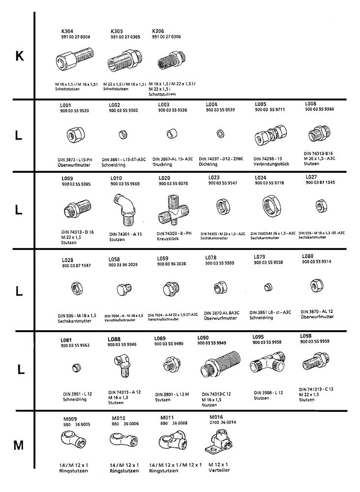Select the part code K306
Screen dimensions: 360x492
[159, 31]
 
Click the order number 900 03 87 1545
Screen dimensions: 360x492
[320, 183]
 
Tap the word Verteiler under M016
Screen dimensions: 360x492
[218, 470]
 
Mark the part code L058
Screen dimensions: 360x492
[114, 259]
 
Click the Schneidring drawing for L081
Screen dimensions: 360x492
[75, 366]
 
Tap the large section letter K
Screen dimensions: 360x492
[19, 56]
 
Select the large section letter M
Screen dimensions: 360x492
[18, 446]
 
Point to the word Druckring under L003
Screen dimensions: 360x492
[162, 164]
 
